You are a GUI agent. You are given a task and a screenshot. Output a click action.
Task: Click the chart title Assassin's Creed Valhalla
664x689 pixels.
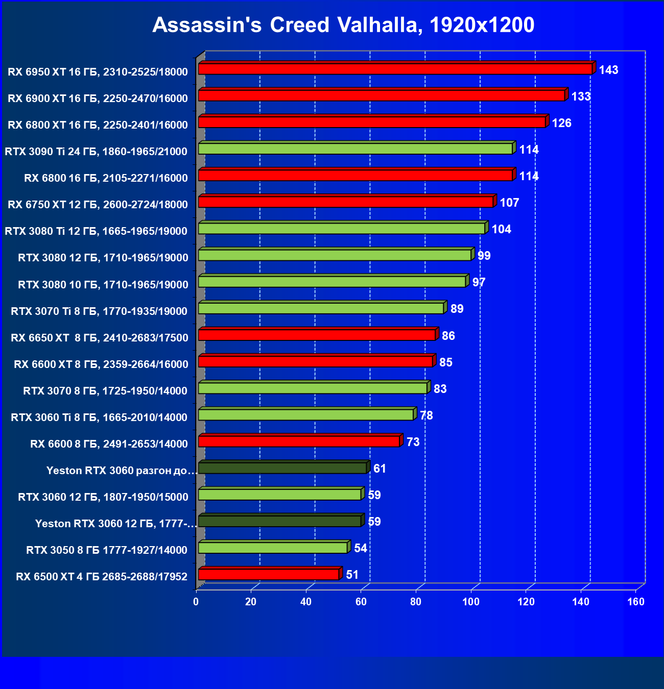343,25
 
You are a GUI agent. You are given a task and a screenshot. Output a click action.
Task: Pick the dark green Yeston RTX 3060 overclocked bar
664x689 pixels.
282,468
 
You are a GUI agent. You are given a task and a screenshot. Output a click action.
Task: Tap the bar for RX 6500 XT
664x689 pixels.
269,574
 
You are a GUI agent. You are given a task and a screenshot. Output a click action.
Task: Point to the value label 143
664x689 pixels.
608,70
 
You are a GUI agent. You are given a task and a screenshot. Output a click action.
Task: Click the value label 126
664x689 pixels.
561,123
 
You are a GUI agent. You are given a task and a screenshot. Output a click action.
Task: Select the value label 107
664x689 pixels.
509,203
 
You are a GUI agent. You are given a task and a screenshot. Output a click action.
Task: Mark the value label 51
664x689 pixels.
352,575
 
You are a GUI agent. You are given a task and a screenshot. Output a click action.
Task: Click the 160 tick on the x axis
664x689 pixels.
636,602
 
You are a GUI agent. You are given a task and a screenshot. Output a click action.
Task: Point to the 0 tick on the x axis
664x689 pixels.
196,602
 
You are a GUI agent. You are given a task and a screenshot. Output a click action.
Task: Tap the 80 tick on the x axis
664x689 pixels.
416,602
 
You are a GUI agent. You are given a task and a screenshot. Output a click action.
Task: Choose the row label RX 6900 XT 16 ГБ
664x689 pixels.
98,99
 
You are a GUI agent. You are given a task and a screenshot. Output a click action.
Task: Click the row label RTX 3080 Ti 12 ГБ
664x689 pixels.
96,231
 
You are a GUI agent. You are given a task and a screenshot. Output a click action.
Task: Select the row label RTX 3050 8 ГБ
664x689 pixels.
107,550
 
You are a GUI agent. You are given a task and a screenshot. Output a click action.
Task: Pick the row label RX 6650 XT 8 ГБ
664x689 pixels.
100,338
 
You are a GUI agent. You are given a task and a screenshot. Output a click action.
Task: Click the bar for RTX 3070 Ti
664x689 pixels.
321,308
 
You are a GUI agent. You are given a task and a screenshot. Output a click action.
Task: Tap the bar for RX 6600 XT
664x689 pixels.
315,361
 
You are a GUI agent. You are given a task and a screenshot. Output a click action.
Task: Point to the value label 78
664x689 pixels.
426,415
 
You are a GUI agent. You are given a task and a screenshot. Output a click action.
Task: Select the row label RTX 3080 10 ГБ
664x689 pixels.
103,285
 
